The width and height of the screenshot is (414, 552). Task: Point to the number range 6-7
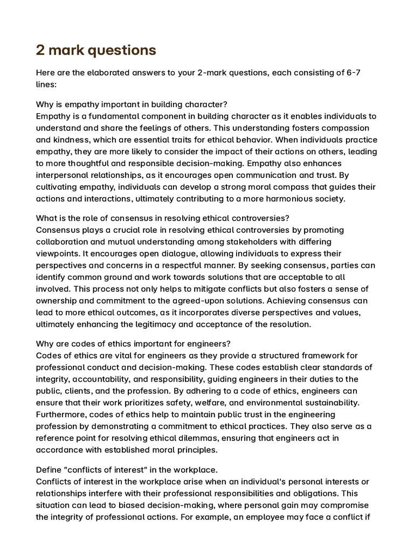pos(356,72)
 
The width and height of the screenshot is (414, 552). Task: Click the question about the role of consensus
pos(162,218)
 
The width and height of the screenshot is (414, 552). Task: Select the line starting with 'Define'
pos(126,470)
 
